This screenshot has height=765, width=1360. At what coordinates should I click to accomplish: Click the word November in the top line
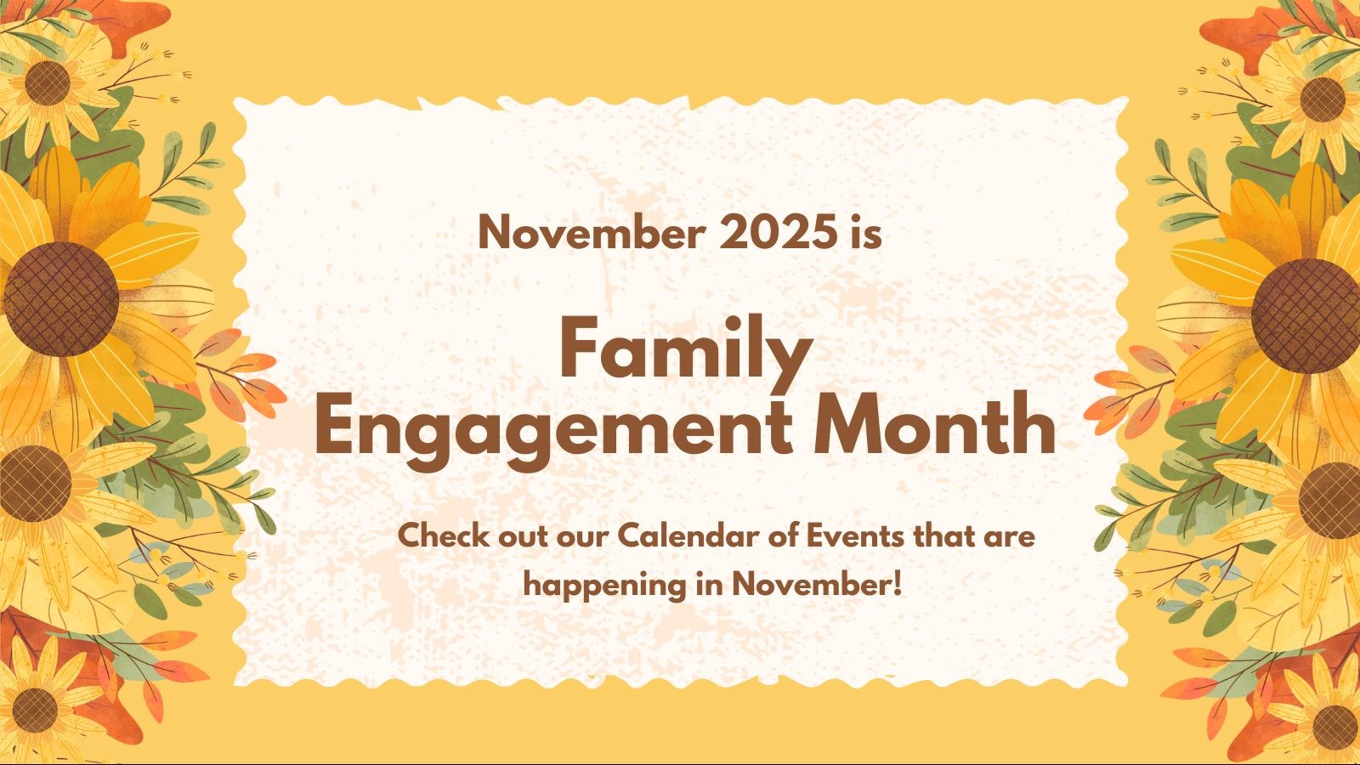(x=592, y=232)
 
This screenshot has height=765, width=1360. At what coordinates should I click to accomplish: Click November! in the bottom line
(x=817, y=585)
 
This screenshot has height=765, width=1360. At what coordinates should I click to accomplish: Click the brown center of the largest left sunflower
(x=60, y=299)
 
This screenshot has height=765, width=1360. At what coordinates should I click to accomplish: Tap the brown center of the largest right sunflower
(x=1306, y=315)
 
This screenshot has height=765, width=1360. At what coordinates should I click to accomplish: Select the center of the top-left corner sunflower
(x=48, y=83)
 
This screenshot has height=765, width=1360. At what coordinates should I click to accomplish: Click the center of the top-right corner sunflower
(x=1323, y=99)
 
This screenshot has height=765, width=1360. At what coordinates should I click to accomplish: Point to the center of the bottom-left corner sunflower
(x=35, y=711)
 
